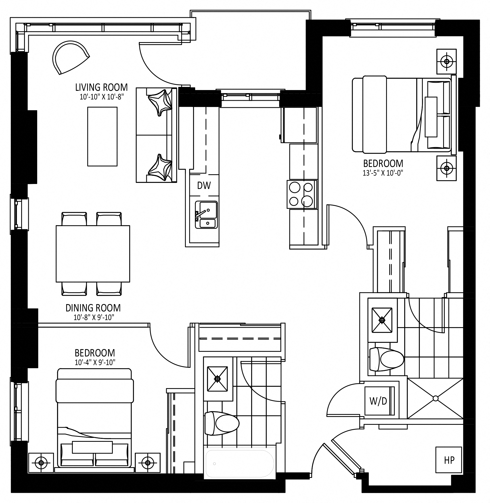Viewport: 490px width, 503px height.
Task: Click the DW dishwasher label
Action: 204,186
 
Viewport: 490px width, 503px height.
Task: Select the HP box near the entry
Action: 449,460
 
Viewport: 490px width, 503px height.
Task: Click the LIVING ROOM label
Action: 102,87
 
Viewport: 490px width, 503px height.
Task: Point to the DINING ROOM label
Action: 93,308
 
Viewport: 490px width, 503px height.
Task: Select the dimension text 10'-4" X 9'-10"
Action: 95,362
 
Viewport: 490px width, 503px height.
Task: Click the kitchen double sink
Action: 206,215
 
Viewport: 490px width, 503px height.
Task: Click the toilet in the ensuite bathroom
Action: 387,359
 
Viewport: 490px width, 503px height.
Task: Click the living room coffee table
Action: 102,136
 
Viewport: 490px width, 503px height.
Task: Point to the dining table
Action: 93,254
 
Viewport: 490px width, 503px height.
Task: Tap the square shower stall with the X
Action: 435,398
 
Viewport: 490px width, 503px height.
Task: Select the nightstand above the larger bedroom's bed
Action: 447,62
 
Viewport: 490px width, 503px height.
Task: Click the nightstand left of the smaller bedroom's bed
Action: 41,463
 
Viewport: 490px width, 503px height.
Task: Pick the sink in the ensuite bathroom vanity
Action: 382,320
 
